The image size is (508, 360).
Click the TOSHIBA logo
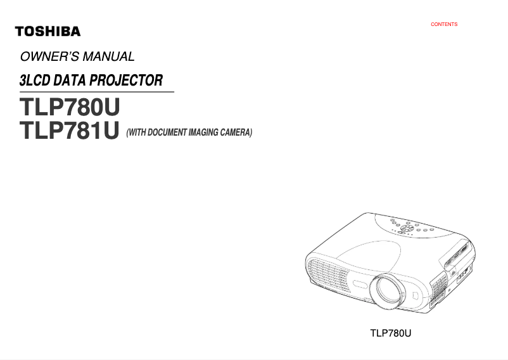tap(48, 31)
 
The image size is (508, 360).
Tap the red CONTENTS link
tap(444, 25)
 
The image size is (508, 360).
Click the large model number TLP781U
tap(70, 131)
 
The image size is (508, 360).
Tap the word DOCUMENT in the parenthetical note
tap(166, 132)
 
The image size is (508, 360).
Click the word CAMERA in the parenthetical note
tap(234, 132)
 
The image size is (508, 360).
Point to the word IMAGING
tap(201, 132)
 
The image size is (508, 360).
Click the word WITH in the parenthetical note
tap(137, 132)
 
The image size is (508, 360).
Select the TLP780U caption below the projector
tap(391, 332)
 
